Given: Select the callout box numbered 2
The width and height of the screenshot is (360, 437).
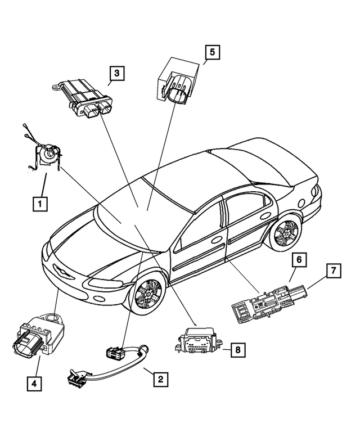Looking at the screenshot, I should tap(160, 379).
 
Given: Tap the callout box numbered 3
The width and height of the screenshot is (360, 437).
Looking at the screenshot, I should tap(116, 73).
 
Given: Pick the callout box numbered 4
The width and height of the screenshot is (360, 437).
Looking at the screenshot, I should tap(35, 385).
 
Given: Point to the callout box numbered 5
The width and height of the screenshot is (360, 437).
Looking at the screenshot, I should tap(212, 52).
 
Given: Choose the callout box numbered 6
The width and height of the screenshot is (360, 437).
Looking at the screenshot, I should tap(299, 260).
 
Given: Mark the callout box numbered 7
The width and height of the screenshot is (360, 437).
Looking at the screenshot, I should tap(333, 271).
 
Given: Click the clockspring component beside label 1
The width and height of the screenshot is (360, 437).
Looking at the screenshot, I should tap(46, 154).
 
